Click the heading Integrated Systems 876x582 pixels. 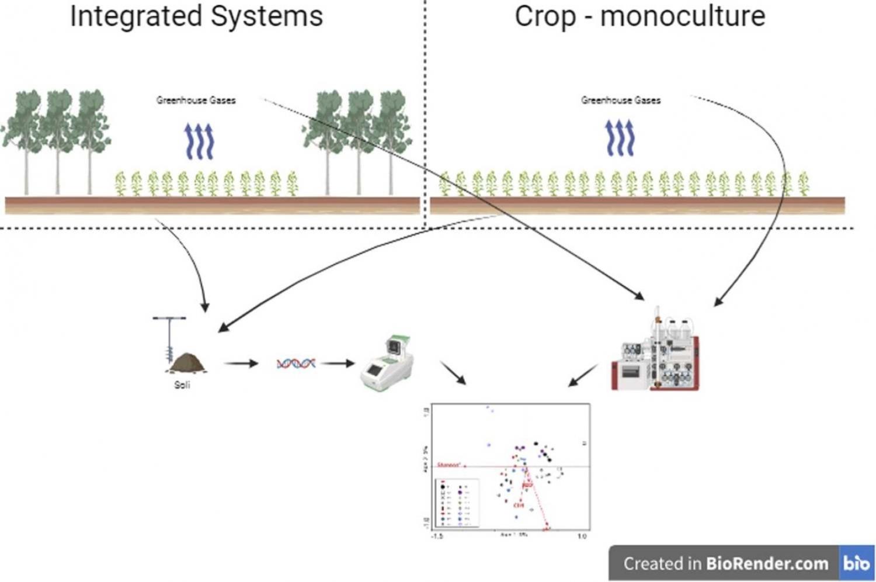[196, 16]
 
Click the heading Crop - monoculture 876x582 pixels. [639, 16]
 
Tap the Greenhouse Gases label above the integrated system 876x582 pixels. [196, 100]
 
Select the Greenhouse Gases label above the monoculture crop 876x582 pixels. [621, 100]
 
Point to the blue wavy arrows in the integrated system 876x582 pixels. [199, 141]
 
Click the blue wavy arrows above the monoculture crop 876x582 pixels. [620, 138]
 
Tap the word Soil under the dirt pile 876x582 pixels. [182, 385]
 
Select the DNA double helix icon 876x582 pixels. [296, 363]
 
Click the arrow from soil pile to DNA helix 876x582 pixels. [241, 363]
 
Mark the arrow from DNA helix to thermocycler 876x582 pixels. [337, 363]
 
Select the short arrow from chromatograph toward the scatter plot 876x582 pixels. [583, 376]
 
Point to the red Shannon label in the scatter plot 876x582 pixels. [449, 465]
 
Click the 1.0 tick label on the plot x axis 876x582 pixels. [582, 536]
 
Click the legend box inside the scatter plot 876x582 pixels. [458, 502]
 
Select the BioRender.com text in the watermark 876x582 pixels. [767, 563]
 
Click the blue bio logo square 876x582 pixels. [856, 563]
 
